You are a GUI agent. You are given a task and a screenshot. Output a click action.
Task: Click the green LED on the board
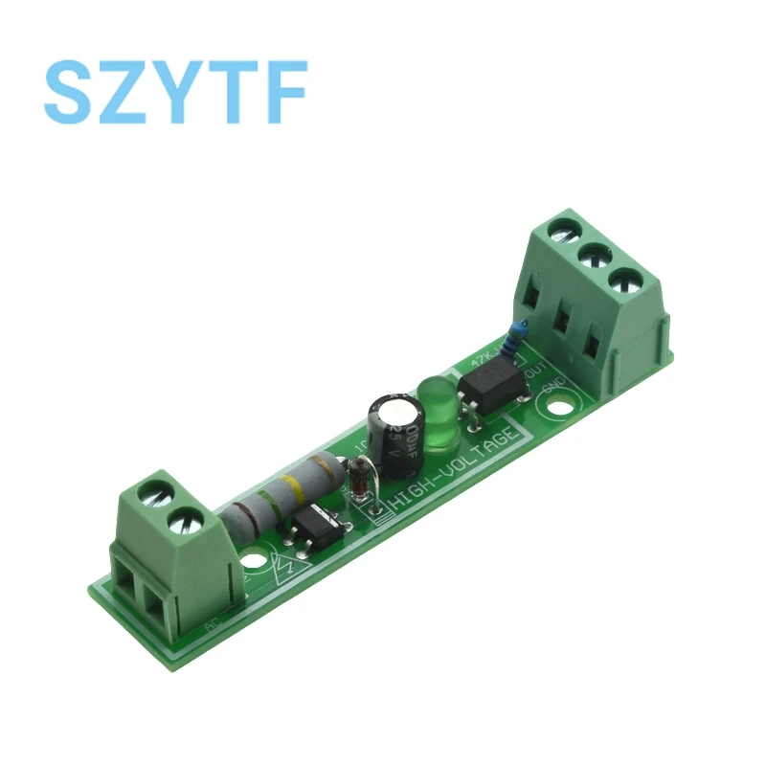pos(436,415)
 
